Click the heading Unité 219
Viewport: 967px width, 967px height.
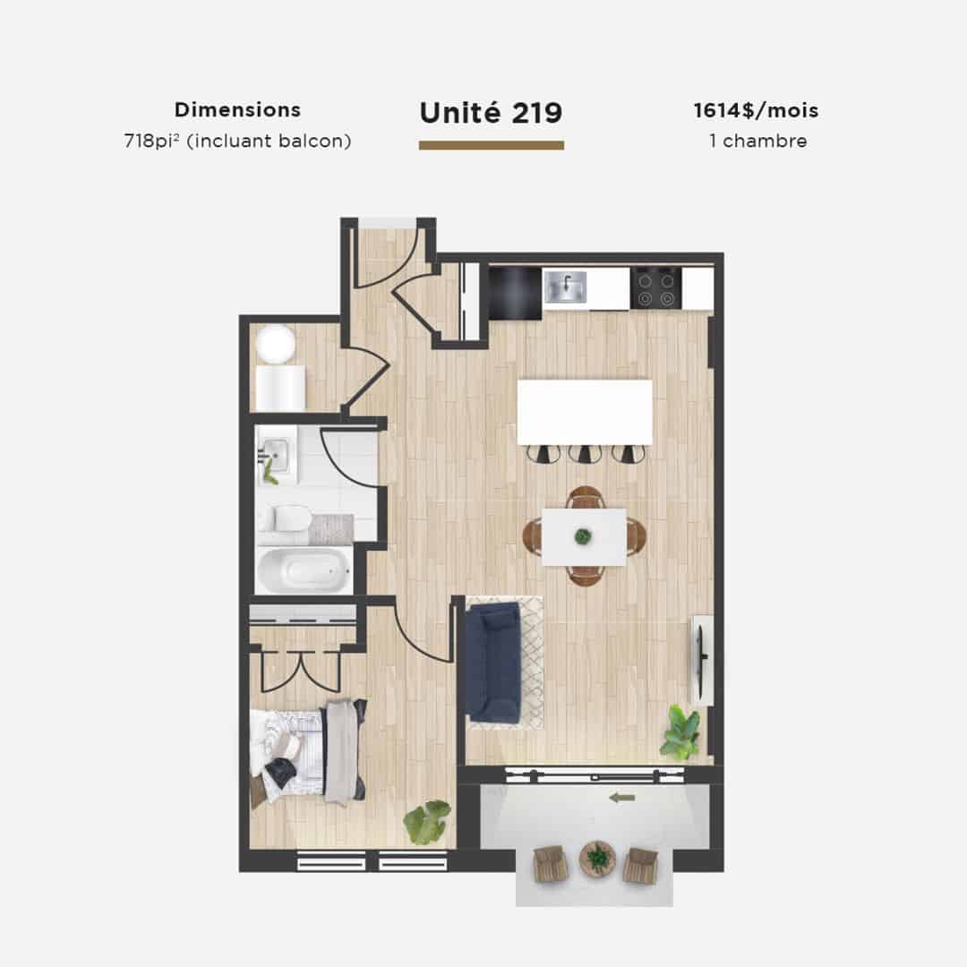coord(491,113)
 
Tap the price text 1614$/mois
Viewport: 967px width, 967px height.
coord(756,110)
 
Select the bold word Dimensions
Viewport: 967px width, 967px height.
coord(237,110)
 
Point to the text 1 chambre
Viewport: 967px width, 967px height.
coord(758,141)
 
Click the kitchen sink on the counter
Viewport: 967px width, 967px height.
coord(566,287)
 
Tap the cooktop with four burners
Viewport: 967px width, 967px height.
coord(656,288)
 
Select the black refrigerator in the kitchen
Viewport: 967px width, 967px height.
coord(516,292)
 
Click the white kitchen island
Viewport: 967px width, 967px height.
coord(585,412)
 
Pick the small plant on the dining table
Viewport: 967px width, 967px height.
coord(583,536)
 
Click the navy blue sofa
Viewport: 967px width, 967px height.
coord(493,662)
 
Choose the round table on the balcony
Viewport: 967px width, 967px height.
coord(597,857)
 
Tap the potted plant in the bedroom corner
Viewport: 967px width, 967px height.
coord(427,821)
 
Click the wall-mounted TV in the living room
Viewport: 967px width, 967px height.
coord(702,659)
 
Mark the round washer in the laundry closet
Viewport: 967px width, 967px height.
coord(276,344)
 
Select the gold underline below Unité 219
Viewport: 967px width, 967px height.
coord(492,146)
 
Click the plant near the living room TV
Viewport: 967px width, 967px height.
coord(680,732)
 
